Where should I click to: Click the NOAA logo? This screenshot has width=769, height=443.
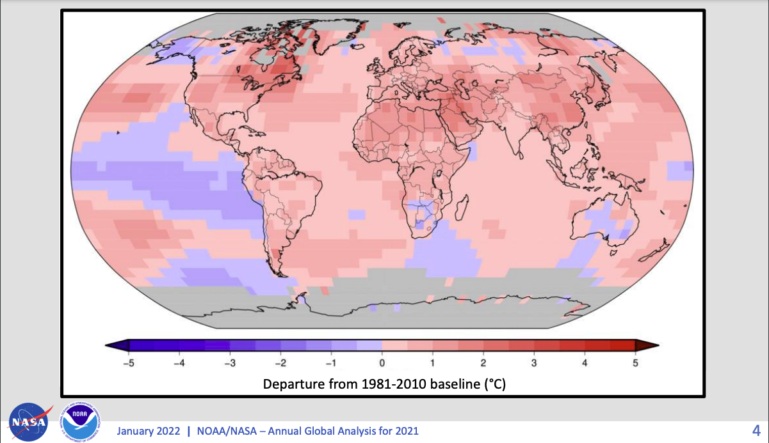[x=80, y=423]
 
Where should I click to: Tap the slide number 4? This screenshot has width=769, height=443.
[x=756, y=430]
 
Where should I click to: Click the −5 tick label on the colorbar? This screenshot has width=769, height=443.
[x=127, y=363]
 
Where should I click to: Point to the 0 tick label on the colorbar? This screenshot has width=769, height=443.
[x=382, y=363]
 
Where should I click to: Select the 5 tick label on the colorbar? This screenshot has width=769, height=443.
[x=635, y=363]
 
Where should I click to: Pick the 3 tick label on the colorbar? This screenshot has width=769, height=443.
[x=534, y=363]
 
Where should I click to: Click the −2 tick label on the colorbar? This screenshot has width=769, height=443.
[x=280, y=363]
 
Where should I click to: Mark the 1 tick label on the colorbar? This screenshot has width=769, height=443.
[x=433, y=363]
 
